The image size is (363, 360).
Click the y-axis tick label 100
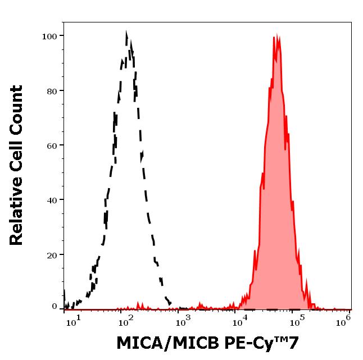pos(49,37)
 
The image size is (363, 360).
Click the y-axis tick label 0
pos(55,307)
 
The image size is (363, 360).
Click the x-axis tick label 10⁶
pos(345,319)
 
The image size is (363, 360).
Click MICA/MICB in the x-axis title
pos(158,343)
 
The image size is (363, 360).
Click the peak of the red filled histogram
pos(275,37)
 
